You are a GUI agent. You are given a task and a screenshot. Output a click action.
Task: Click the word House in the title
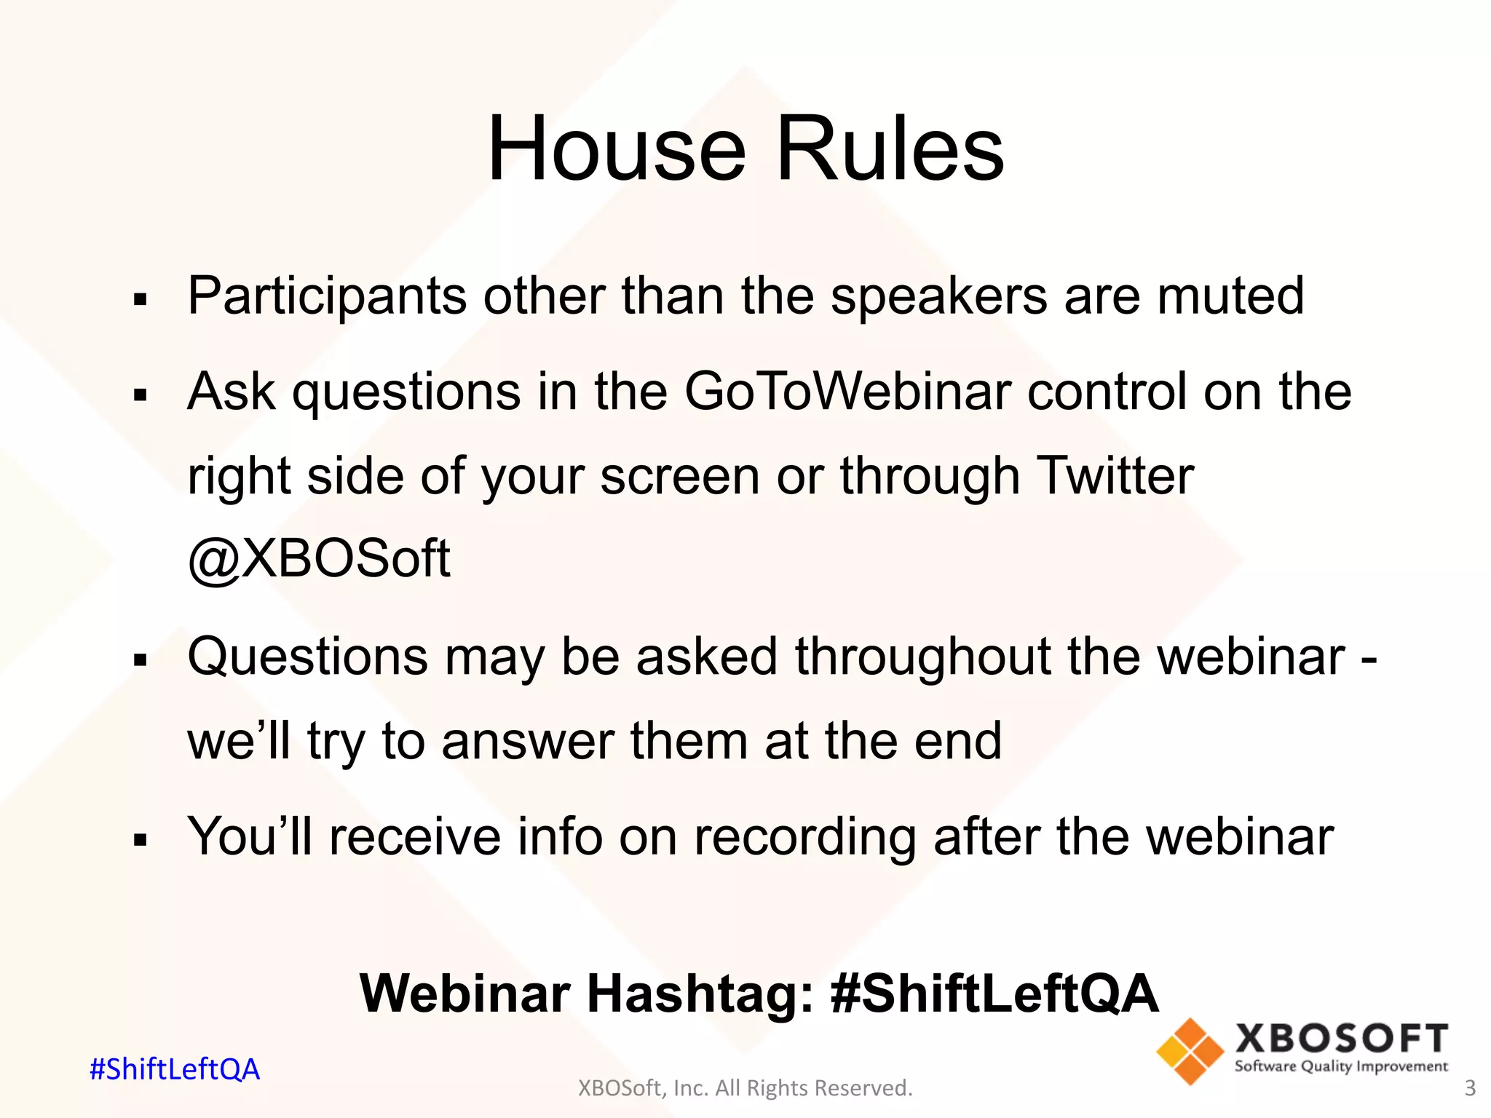pos(617,149)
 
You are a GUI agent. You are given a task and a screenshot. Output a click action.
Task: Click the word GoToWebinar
pos(847,392)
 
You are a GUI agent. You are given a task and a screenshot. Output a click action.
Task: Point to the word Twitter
pos(1114,476)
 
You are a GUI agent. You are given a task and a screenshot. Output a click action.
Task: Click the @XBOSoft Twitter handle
pos(319,559)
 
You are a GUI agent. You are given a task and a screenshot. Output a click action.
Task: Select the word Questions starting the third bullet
pos(307,657)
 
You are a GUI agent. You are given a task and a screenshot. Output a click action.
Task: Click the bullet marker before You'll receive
pos(141,841)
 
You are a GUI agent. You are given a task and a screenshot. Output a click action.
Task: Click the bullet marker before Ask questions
pos(141,395)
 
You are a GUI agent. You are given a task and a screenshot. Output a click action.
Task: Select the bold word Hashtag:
pos(700,994)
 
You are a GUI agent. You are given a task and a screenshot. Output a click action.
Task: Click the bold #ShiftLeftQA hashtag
pos(994,994)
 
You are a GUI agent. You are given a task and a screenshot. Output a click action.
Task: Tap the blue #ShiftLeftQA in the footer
pos(174,1069)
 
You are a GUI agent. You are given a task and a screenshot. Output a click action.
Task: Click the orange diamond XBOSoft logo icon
pos(1190,1051)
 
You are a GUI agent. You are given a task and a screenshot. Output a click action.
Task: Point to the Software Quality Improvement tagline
pos(1340,1066)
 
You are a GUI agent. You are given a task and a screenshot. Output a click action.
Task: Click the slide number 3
pos(1469,1088)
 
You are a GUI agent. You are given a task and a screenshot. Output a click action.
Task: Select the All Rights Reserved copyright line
pos(745,1088)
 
